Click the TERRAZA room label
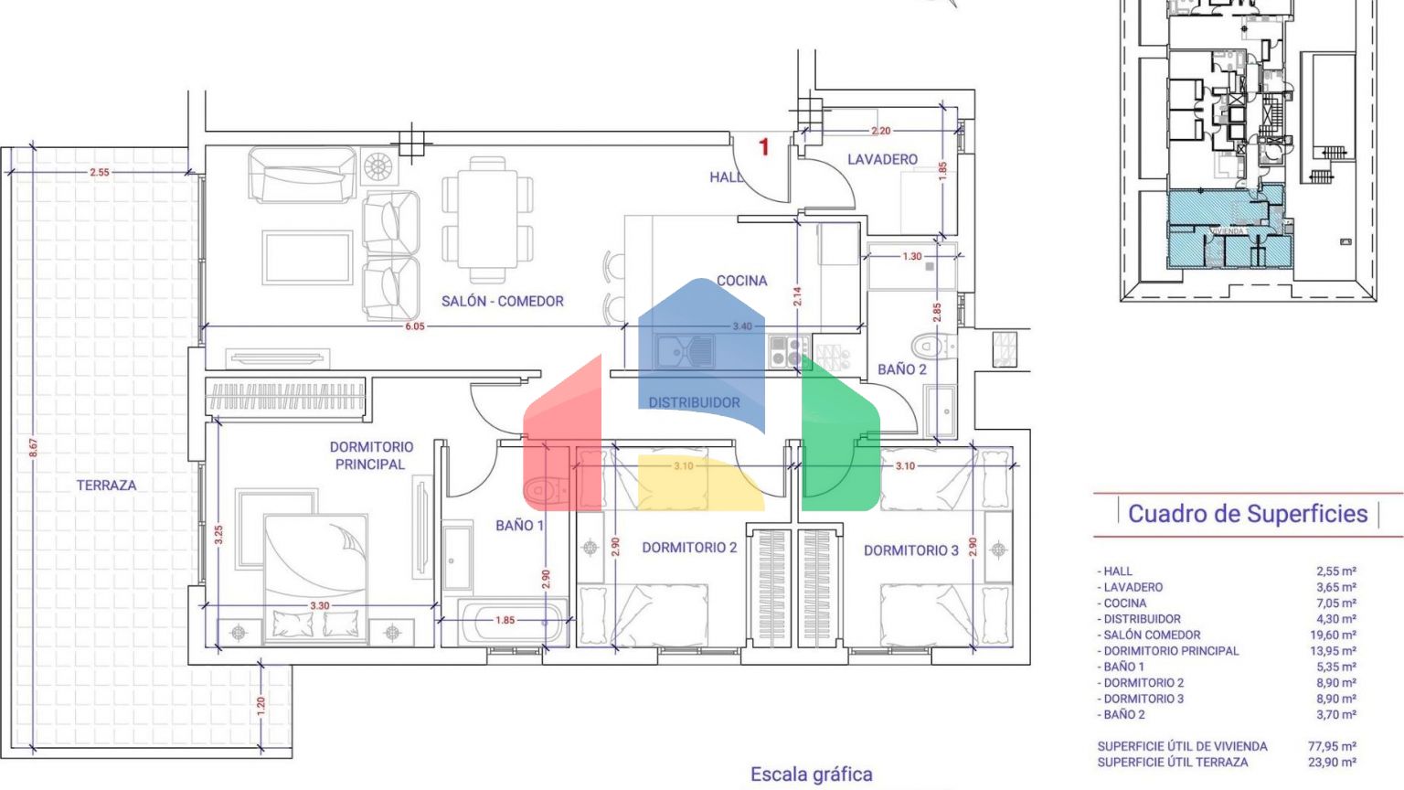(106, 486)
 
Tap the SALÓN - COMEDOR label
(502, 301)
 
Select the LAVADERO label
(882, 159)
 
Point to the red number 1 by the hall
(764, 146)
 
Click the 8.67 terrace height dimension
(34, 448)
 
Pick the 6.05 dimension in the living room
(415, 326)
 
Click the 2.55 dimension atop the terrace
(100, 172)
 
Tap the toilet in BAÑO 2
(928, 347)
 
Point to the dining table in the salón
(487, 219)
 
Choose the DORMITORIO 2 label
(689, 548)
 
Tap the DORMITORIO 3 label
(911, 550)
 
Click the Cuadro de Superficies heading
(1248, 514)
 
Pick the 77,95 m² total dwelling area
(1332, 746)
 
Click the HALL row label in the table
(1117, 571)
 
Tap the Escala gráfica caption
(812, 774)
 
